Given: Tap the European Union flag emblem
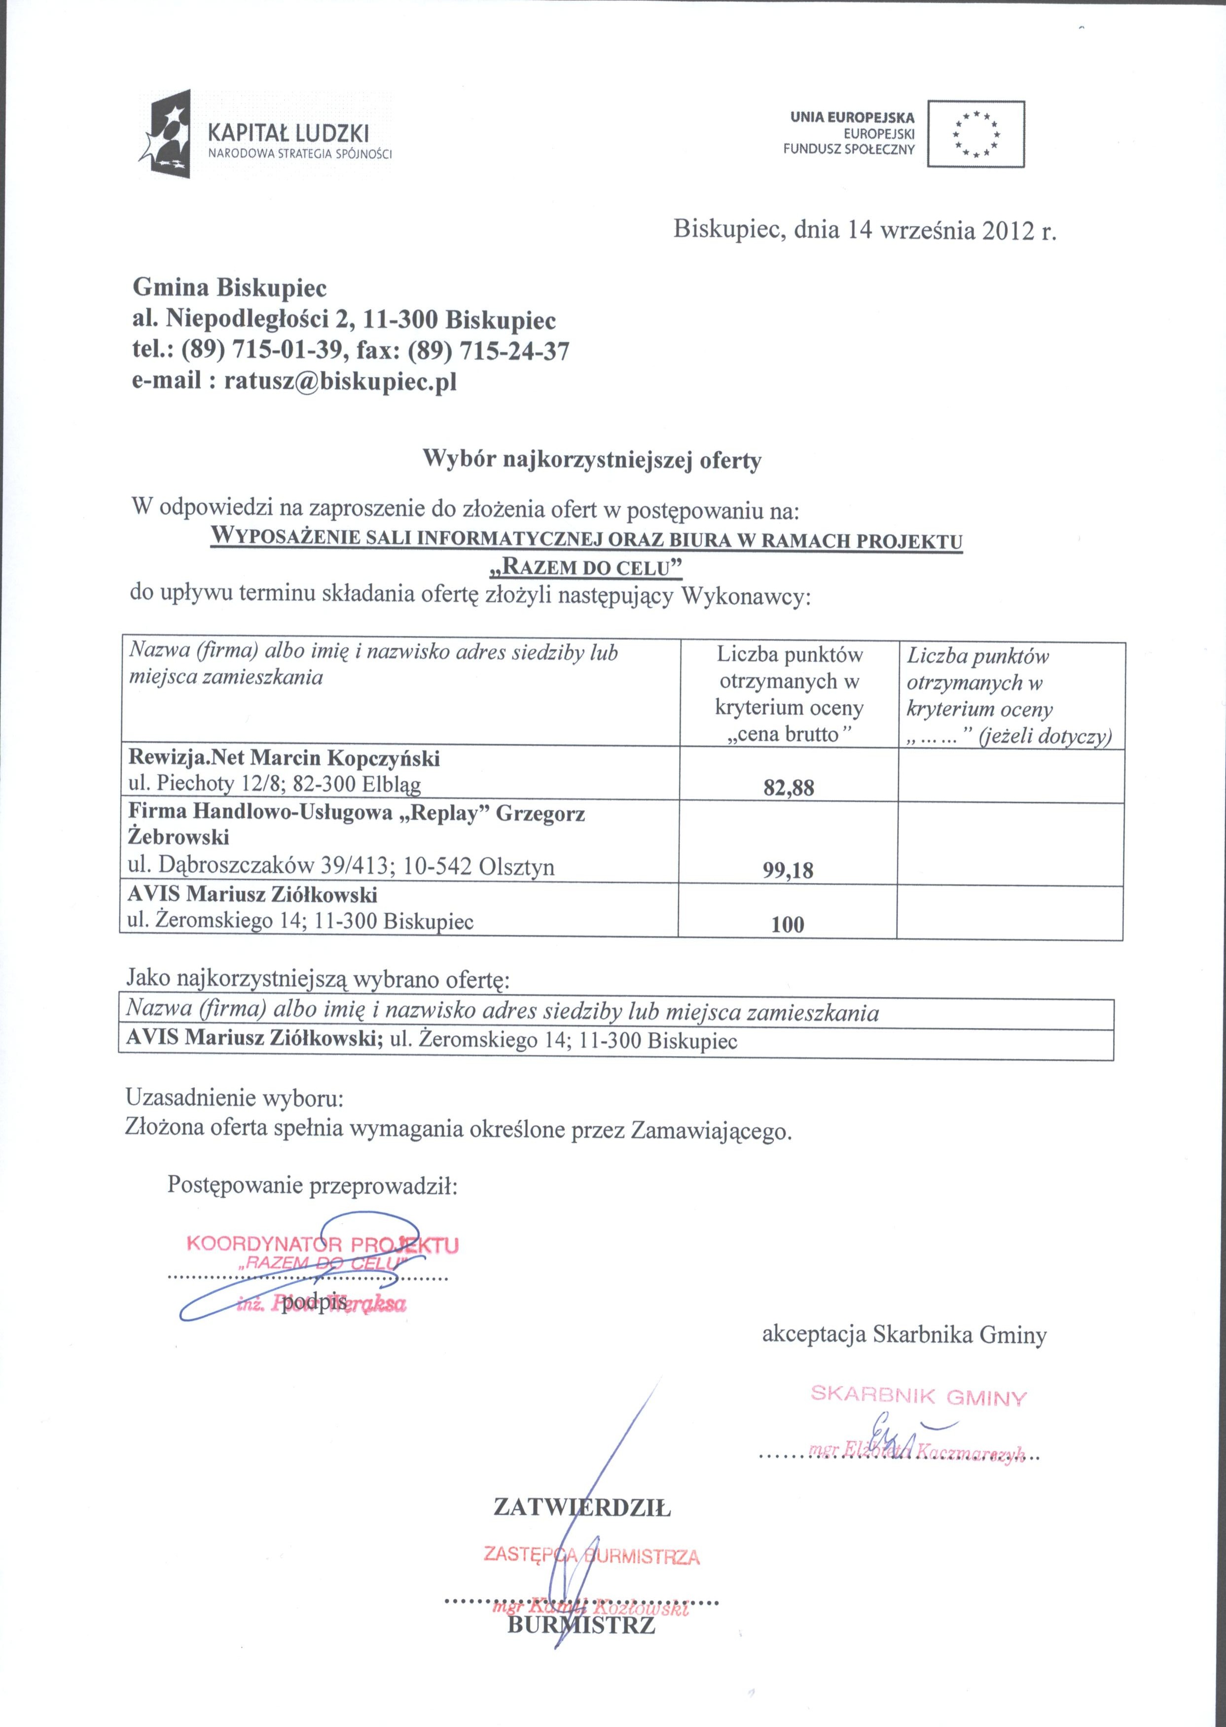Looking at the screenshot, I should [x=975, y=134].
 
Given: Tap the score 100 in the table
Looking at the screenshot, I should [x=788, y=925].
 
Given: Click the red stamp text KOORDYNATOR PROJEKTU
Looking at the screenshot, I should [x=322, y=1245].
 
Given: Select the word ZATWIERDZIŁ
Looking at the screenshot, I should [x=581, y=1508].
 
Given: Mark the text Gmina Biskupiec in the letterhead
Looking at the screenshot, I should [x=230, y=288].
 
